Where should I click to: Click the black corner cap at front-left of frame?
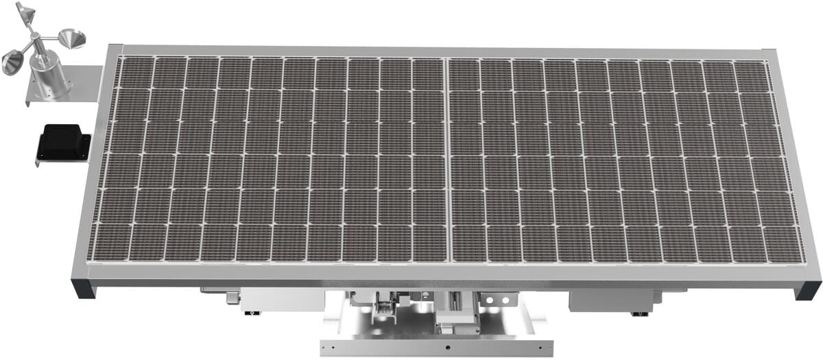click(84, 288)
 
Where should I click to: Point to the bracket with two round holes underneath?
click(497, 301)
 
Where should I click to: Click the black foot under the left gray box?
click(254, 313)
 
